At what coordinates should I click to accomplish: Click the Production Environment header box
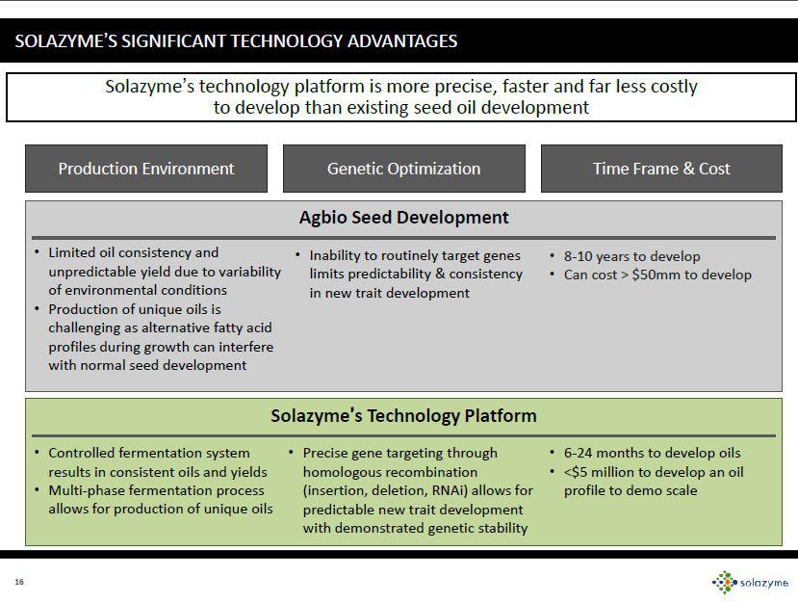(145, 169)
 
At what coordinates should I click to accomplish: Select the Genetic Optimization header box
(403, 169)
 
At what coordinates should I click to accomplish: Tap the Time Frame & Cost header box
(661, 169)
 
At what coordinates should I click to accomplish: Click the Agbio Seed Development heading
(403, 218)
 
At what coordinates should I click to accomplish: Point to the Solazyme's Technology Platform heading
(403, 416)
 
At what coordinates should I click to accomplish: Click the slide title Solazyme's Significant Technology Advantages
(236, 40)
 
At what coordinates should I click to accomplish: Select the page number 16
(18, 581)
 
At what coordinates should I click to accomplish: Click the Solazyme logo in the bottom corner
(750, 581)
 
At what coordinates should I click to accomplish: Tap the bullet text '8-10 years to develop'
(631, 256)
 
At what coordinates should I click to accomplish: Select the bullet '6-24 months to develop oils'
(652, 453)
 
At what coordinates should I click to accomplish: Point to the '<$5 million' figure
(604, 472)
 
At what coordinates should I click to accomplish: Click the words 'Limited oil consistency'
(126, 252)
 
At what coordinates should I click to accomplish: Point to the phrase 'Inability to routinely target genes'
(415, 255)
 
